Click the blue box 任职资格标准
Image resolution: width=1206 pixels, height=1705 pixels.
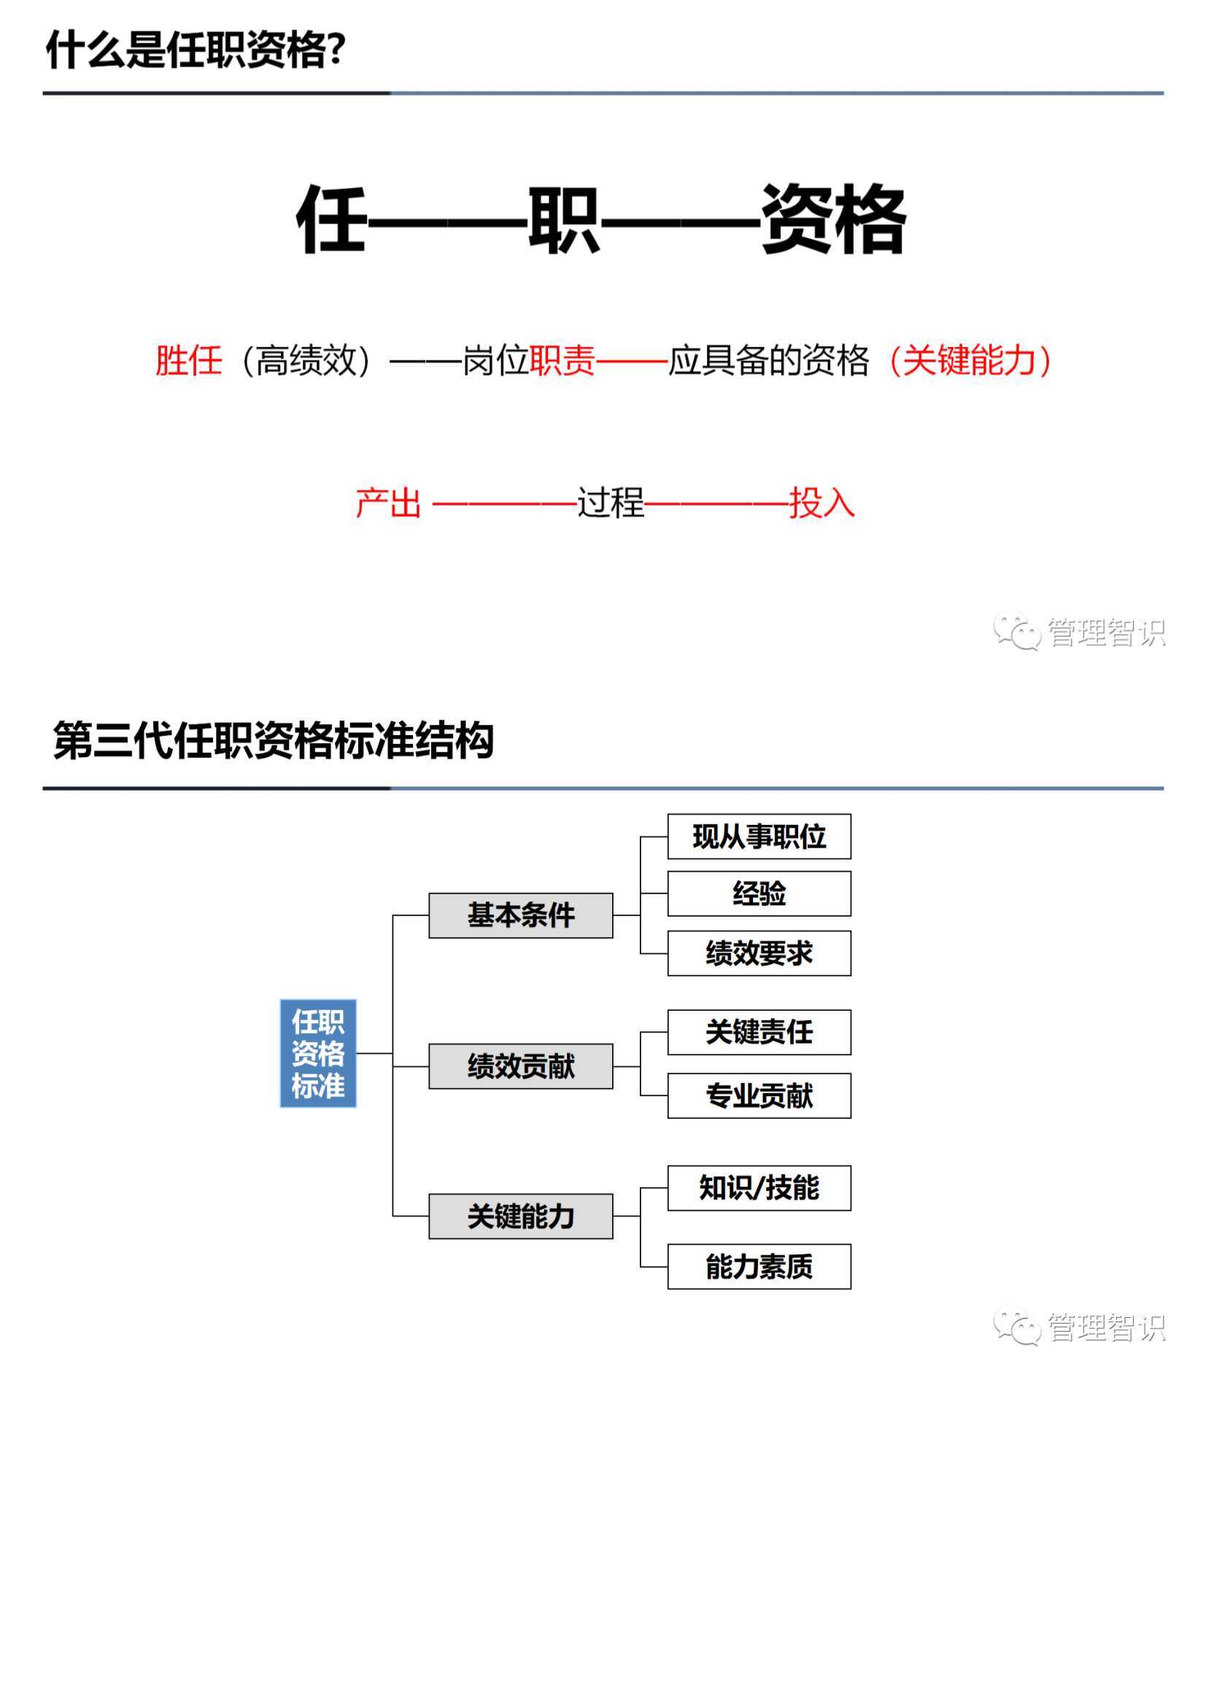318,1053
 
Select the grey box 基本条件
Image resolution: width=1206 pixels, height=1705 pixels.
521,915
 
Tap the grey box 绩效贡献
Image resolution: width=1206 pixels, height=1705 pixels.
521,1066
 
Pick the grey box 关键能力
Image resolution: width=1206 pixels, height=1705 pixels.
521,1216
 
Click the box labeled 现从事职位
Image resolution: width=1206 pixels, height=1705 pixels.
759,836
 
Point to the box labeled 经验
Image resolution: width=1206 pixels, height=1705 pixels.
759,893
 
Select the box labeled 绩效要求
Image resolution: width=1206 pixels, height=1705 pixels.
759,952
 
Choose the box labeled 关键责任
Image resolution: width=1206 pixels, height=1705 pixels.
759,1032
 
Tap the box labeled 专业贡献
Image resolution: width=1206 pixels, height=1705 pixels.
759,1095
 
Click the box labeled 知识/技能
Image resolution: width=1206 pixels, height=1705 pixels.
759,1188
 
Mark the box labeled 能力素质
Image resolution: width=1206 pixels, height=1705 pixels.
759,1266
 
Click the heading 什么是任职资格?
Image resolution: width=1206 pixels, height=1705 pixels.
196,50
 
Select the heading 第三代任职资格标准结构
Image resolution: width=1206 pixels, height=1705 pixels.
274,740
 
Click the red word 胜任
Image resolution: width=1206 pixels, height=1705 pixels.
189,361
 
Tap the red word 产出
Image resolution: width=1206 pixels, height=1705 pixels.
389,503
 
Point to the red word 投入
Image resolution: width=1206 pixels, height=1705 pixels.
822,503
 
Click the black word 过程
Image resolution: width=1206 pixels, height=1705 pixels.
611,503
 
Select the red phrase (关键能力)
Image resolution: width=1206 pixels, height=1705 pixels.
970,361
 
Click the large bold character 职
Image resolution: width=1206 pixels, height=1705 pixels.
565,220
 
